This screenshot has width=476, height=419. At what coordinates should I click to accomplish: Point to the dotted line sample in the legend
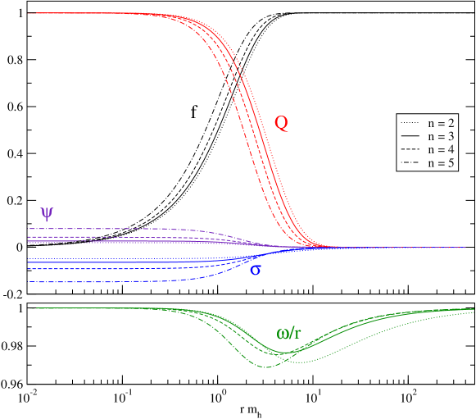pyautogui.click(x=410, y=123)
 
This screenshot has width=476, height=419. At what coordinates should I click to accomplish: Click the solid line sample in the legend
pyautogui.click(x=410, y=136)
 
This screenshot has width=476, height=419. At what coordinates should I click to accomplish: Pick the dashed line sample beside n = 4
pyautogui.click(x=410, y=150)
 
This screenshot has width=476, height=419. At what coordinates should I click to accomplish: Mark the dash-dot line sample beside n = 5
pyautogui.click(x=410, y=163)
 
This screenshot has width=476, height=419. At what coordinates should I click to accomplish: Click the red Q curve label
pyautogui.click(x=281, y=124)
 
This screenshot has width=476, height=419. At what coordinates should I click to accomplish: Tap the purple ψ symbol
pyautogui.click(x=47, y=213)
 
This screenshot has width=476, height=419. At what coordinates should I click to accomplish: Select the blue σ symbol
pyautogui.click(x=255, y=270)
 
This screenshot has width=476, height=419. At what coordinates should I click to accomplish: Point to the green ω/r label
pyautogui.click(x=288, y=333)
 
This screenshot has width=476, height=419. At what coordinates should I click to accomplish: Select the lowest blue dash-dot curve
pyautogui.click(x=98, y=282)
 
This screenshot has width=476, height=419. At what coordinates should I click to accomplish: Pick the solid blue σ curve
pyautogui.click(x=98, y=262)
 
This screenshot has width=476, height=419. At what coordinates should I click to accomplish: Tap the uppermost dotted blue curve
pyautogui.click(x=98, y=259)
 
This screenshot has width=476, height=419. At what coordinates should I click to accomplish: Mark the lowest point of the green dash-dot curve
pyautogui.click(x=265, y=367)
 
